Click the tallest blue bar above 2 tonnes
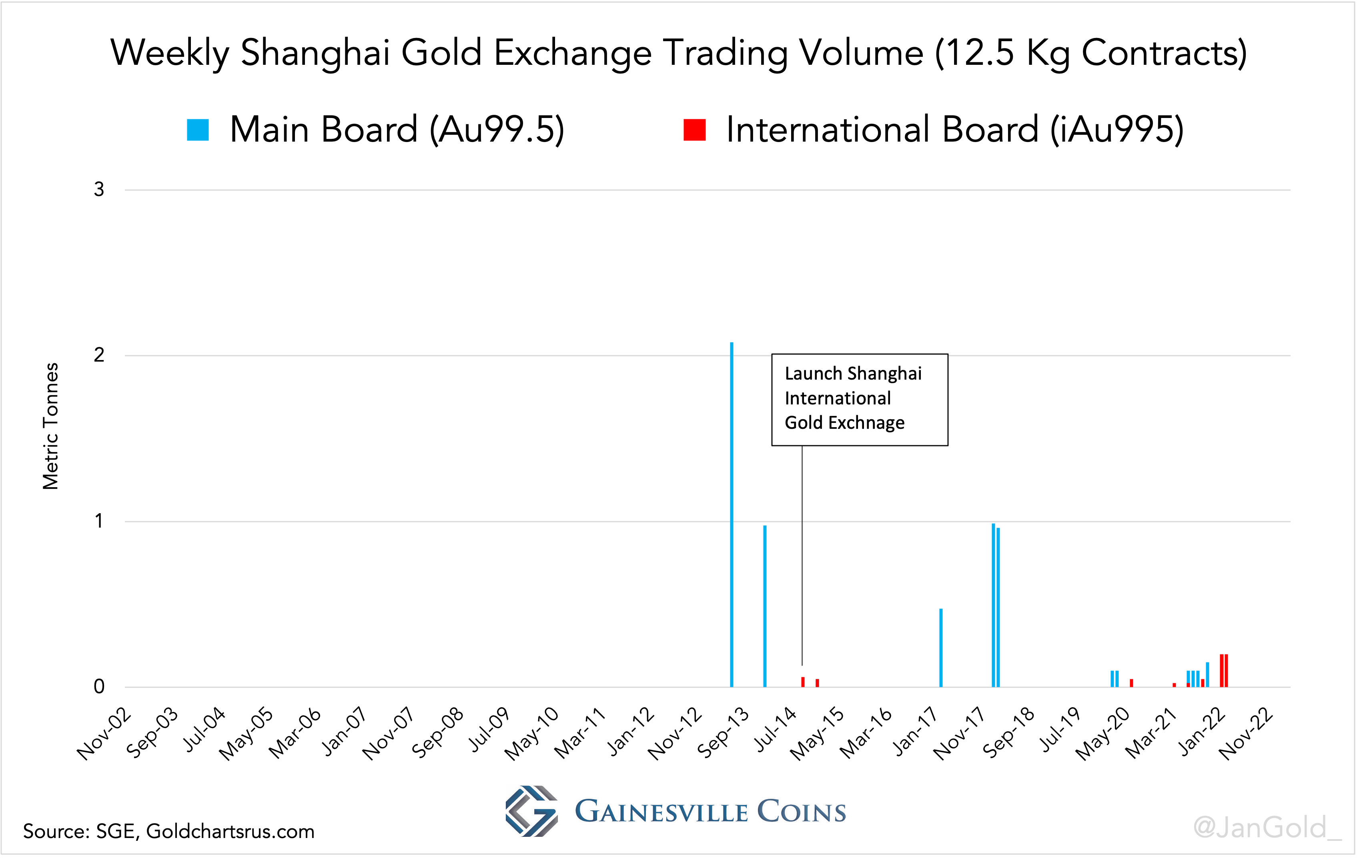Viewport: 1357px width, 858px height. tap(732, 507)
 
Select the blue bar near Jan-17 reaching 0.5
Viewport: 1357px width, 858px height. tap(940, 648)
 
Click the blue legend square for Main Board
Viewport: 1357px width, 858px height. tap(198, 130)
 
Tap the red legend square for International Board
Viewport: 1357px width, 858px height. tap(694, 130)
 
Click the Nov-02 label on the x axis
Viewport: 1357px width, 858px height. tap(105, 734)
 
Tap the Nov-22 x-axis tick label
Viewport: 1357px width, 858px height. tap(1246, 734)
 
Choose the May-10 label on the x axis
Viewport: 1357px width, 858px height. tap(532, 734)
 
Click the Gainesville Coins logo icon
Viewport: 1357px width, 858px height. tap(531, 811)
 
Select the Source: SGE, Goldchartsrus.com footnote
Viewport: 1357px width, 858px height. tap(168, 832)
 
